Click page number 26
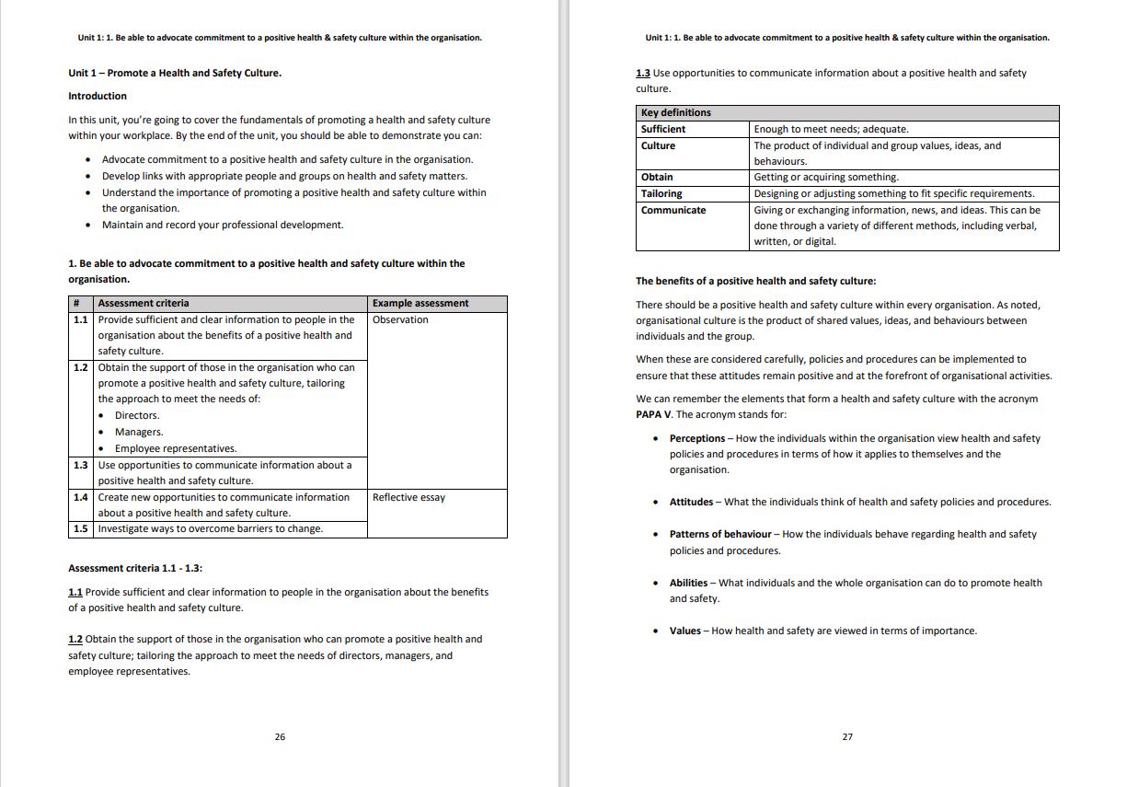coord(280,736)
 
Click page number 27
coord(847,736)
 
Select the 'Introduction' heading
coord(98,96)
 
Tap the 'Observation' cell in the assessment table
coord(400,319)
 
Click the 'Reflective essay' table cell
coord(408,497)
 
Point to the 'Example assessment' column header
coord(420,303)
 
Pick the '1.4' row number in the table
coord(81,497)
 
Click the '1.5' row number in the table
coord(81,528)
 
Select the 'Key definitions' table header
coord(675,112)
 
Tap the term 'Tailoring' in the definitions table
coord(661,193)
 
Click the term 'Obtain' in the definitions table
coord(657,177)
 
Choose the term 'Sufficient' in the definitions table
coord(662,129)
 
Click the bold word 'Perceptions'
coord(697,438)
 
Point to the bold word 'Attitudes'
coord(691,502)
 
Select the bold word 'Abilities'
coord(688,583)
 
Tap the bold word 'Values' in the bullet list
coord(684,631)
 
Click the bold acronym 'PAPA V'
coord(653,414)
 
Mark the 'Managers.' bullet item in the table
coord(139,432)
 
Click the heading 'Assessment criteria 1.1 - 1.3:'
coord(135,568)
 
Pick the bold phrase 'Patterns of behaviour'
coord(720,534)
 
